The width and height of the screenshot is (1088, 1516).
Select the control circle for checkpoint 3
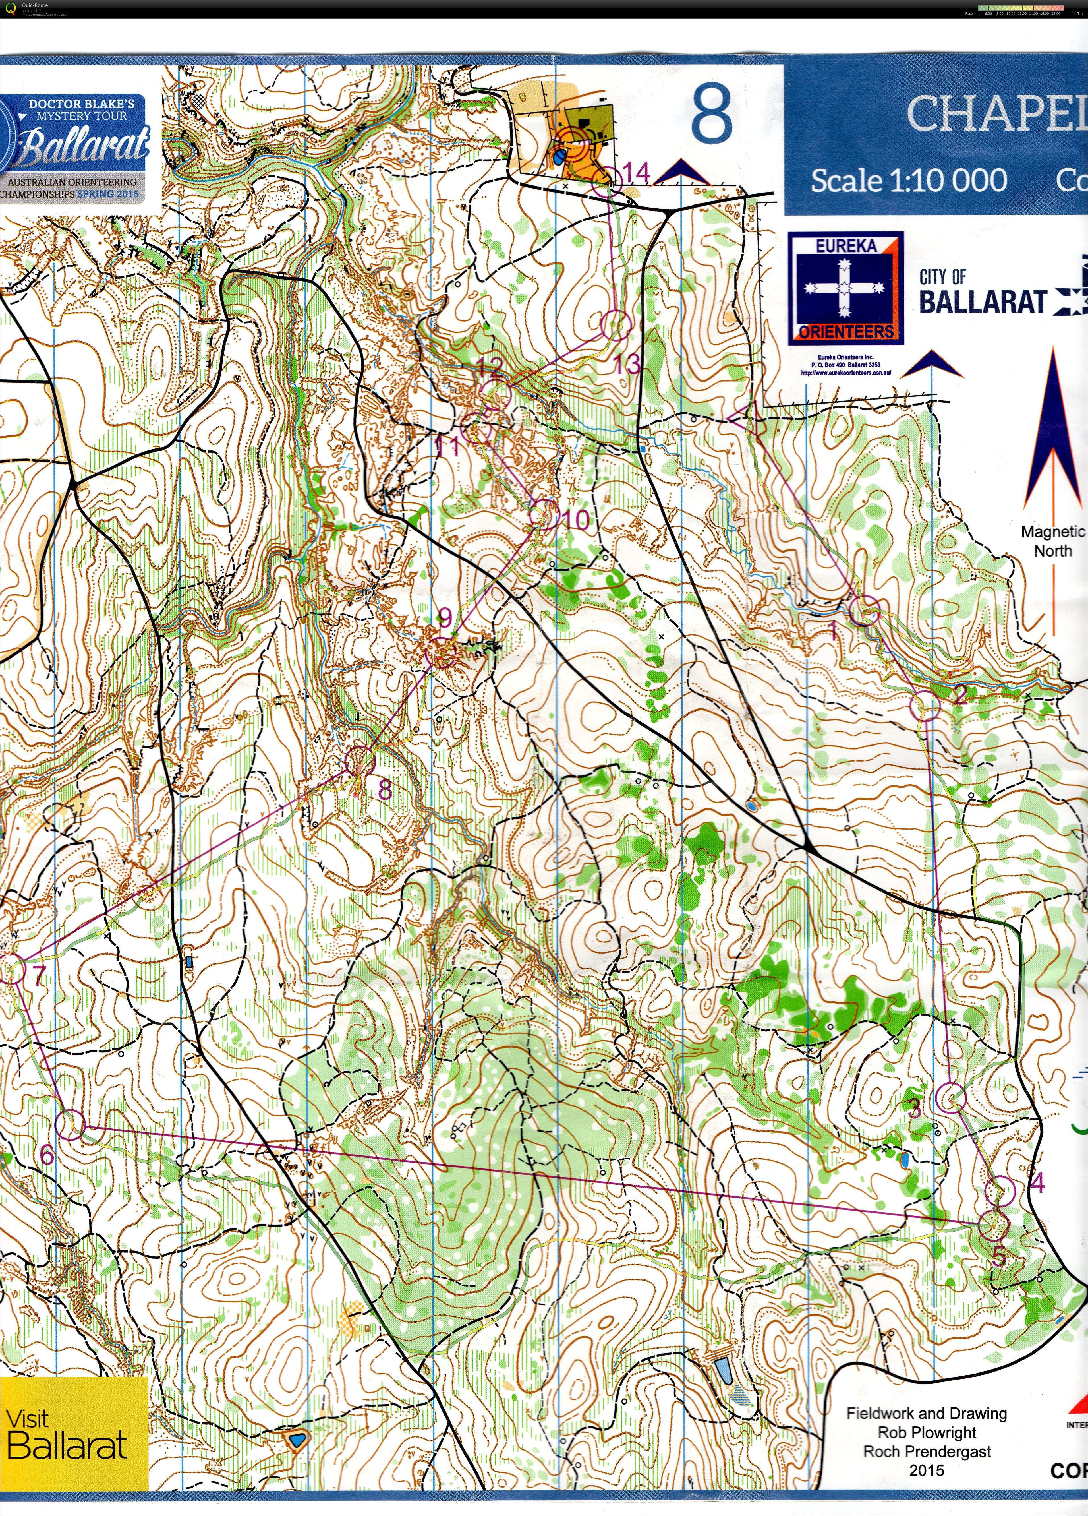click(950, 1097)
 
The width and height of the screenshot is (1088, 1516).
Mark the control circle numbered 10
click(544, 515)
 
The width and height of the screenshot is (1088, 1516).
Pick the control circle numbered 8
click(360, 761)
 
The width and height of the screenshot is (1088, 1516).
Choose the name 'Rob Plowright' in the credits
click(927, 1432)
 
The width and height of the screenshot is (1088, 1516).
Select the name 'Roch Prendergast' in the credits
click(927, 1451)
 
